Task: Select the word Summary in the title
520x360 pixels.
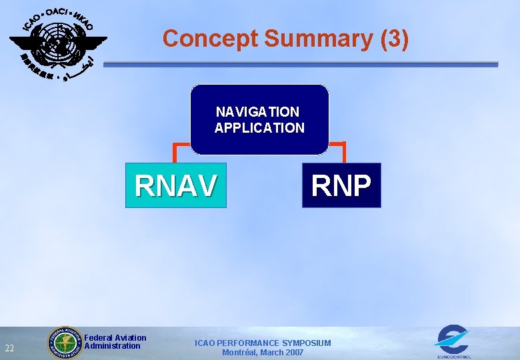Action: [319, 39]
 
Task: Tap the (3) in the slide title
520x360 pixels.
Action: [394, 39]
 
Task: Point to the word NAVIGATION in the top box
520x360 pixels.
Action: [258, 112]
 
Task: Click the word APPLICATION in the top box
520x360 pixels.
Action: [259, 127]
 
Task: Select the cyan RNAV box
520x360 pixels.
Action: [175, 185]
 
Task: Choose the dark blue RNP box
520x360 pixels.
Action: [341, 185]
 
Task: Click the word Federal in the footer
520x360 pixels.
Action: [99, 338]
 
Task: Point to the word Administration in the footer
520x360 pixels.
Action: [113, 346]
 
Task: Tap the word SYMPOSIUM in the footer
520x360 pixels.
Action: [306, 343]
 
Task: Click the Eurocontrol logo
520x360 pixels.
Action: [452, 341]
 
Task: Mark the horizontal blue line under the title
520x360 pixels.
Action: [300, 65]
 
